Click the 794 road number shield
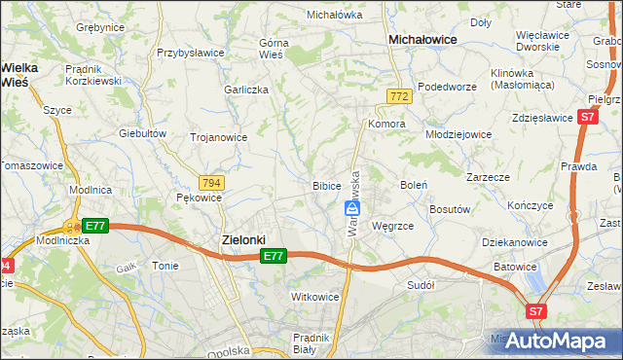[x=211, y=183]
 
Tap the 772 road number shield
[x=397, y=96]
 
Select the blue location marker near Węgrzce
[x=353, y=208]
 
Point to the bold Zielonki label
[x=238, y=238]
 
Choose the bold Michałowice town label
[x=423, y=40]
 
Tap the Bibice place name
[x=326, y=185]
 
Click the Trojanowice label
[x=218, y=137]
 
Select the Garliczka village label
[x=246, y=89]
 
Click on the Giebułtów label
[x=138, y=132]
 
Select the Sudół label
[x=421, y=285]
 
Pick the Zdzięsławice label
[x=542, y=118]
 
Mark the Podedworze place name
[x=447, y=86]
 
